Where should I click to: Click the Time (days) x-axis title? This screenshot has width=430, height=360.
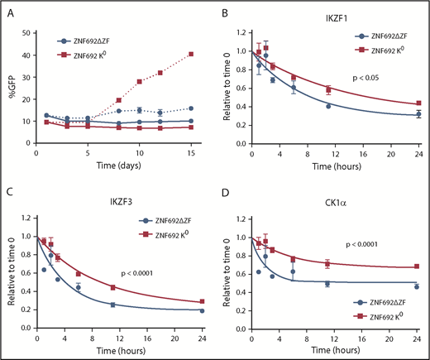point(115,167)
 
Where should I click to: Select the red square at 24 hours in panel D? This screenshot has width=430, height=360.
point(417,266)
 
